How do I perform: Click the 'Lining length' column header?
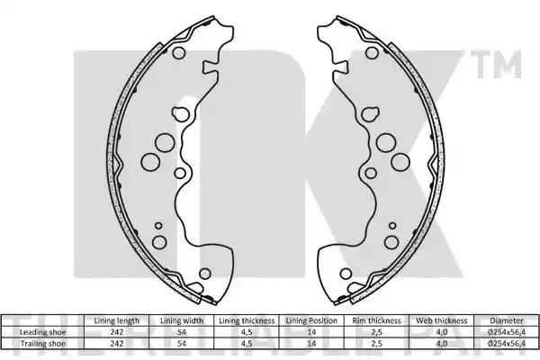point(117,320)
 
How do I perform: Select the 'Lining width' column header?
point(182,320)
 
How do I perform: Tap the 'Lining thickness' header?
point(247,320)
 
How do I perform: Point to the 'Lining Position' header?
point(311,320)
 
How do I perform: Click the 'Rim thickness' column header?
point(376,320)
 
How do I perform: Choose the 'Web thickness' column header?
point(442,320)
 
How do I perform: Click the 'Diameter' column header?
point(506,320)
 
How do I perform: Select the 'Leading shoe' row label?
point(42,332)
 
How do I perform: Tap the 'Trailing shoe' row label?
point(42,344)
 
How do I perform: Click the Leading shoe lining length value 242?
point(117,332)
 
